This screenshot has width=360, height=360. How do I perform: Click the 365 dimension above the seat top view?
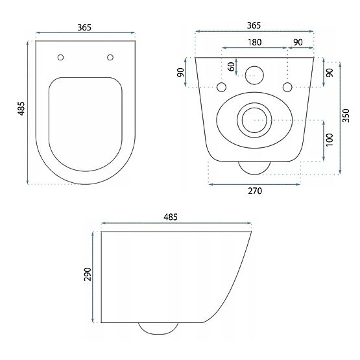tap(84, 27)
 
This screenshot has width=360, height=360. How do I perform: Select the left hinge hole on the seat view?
tap(60, 57)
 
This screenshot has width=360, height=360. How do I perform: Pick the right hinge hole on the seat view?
tap(110, 57)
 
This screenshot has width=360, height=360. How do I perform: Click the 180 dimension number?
tap(254, 43)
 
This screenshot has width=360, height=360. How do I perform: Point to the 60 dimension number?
tap(231, 67)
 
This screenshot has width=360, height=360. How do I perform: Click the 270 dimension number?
tap(254, 191)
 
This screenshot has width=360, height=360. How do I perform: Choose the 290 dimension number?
tap(88, 276)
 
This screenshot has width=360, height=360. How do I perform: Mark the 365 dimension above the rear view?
tap(254, 25)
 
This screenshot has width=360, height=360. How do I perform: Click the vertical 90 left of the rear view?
tap(181, 73)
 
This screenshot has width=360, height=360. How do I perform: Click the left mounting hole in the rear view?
tap(222, 87)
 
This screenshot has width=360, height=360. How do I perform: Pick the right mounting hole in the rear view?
tap(287, 87)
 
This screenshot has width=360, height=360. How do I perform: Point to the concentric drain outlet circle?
tap(254, 119)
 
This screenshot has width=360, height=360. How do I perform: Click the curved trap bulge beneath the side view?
tap(158, 328)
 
